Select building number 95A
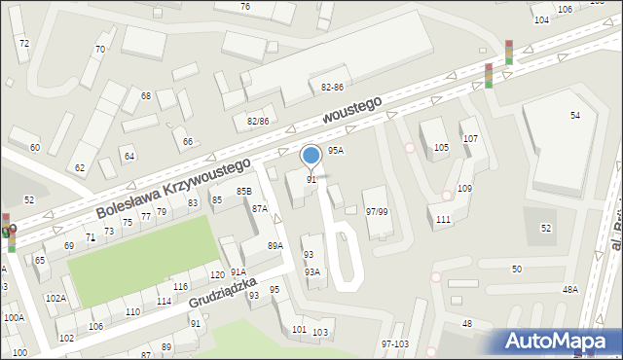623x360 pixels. (x=335, y=151)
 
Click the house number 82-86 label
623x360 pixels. (x=332, y=88)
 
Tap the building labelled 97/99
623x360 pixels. (x=377, y=211)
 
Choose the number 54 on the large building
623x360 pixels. (x=575, y=116)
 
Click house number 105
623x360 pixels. (x=441, y=147)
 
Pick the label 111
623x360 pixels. (x=443, y=220)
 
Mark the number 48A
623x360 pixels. (x=569, y=289)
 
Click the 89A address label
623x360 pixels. (x=275, y=246)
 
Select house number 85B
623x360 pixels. (x=243, y=192)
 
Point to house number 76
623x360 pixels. (x=245, y=7)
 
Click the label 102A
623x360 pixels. (x=55, y=298)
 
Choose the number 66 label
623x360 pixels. (x=187, y=142)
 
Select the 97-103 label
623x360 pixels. (x=395, y=343)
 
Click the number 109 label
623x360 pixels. (x=464, y=188)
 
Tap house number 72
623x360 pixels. (x=23, y=44)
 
